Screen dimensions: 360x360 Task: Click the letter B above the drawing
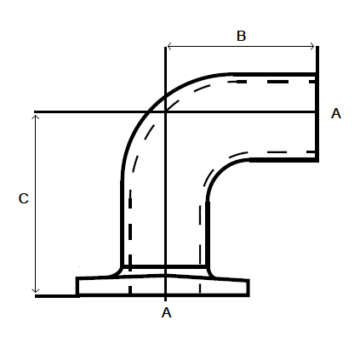click(241, 36)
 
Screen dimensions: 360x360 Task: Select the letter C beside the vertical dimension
click(24, 198)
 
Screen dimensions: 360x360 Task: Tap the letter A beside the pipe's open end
click(335, 113)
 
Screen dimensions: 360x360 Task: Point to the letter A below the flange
click(167, 312)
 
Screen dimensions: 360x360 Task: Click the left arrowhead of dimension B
click(169, 46)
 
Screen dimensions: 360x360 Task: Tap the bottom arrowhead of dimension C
click(36, 290)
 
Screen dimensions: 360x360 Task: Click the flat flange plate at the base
click(163, 287)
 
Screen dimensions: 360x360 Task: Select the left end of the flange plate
click(77, 287)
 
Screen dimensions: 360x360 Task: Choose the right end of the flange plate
click(249, 287)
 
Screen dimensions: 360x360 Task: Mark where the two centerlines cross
click(164, 112)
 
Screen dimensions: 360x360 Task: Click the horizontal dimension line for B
click(241, 46)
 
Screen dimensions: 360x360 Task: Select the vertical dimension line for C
click(36, 204)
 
